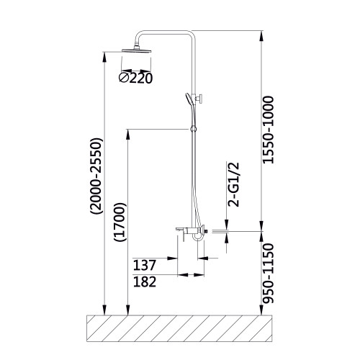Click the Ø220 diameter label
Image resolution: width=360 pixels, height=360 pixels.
136,78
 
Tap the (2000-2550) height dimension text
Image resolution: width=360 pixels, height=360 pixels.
96,176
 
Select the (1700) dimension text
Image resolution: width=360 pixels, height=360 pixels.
120,222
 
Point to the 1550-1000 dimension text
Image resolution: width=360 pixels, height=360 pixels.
268,130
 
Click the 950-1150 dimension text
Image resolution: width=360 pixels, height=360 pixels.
268,274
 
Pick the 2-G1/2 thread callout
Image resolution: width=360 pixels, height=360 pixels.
233,184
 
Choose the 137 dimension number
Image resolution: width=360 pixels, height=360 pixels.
145,265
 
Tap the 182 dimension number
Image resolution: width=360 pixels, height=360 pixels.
145,282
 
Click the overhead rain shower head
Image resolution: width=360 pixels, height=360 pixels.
137,50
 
